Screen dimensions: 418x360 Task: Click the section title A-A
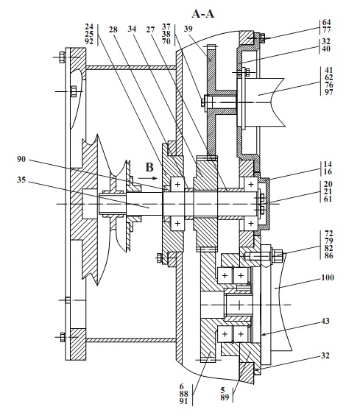point(204,13)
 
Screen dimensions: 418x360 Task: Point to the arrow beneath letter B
point(148,177)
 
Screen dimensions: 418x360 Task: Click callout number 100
point(327,279)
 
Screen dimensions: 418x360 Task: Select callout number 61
point(328,199)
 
